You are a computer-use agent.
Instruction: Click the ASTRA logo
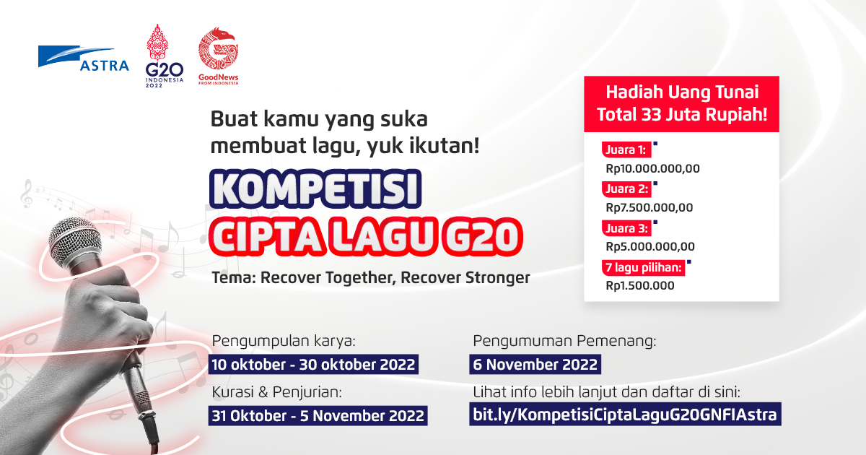point(84,60)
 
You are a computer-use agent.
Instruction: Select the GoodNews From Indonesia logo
point(219,56)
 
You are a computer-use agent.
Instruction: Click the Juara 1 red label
point(626,151)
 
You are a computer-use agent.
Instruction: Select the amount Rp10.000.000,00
point(652,169)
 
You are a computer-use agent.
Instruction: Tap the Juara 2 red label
point(626,189)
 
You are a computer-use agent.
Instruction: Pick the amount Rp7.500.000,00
point(649,208)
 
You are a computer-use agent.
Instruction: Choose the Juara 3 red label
point(626,228)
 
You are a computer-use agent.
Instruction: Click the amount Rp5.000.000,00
point(650,246)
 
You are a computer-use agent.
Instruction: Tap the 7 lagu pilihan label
point(643,268)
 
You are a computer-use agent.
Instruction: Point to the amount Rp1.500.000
point(640,285)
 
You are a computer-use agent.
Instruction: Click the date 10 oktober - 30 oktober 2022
point(312,363)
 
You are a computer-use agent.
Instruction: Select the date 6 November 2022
point(535,363)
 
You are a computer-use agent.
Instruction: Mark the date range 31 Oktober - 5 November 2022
point(318,415)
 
